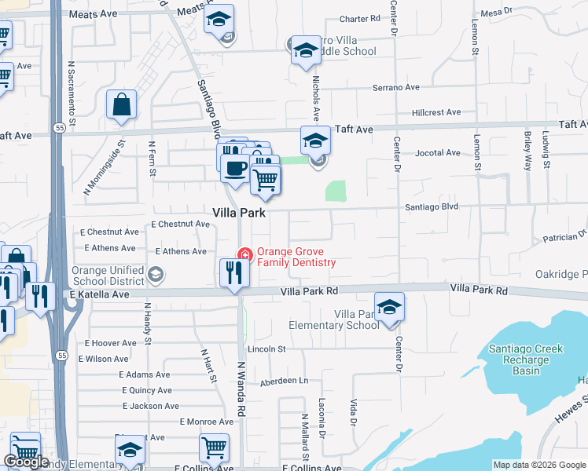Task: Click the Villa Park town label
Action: pos(240,213)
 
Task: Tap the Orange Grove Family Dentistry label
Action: pos(296,257)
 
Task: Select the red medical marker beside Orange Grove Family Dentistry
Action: pos(244,254)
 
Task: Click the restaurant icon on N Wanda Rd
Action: pos(234,272)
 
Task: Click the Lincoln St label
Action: pos(266,348)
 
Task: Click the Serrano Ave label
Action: pos(395,87)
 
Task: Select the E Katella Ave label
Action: pos(98,294)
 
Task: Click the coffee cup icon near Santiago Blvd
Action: pos(234,167)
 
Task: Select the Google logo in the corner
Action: pos(26,462)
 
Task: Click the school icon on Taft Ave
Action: pos(315,141)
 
